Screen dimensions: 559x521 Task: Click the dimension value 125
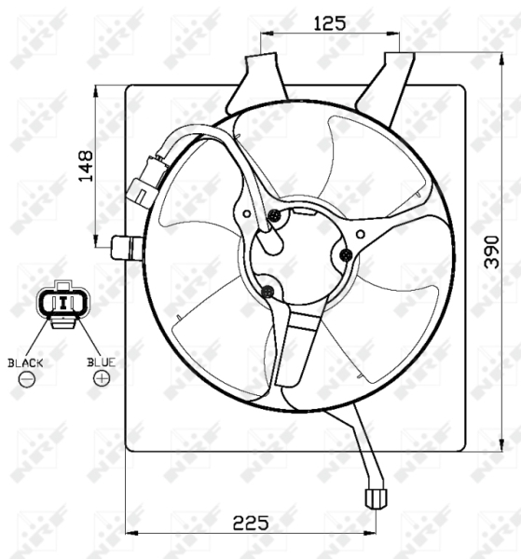pyautogui.click(x=330, y=23)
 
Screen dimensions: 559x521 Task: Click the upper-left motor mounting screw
pyautogui.click(x=274, y=217)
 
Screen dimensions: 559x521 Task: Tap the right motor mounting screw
pyautogui.click(x=346, y=253)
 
